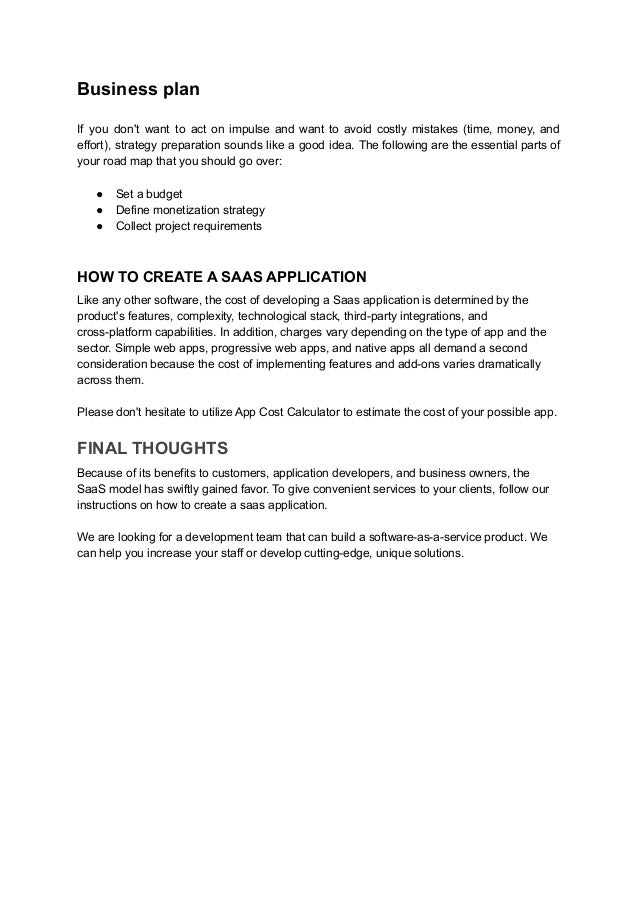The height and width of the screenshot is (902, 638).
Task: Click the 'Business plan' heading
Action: pyautogui.click(x=139, y=90)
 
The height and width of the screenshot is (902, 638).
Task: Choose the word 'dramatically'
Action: pyautogui.click(x=502, y=365)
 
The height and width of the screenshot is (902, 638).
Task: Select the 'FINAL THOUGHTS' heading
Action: pyautogui.click(x=154, y=446)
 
